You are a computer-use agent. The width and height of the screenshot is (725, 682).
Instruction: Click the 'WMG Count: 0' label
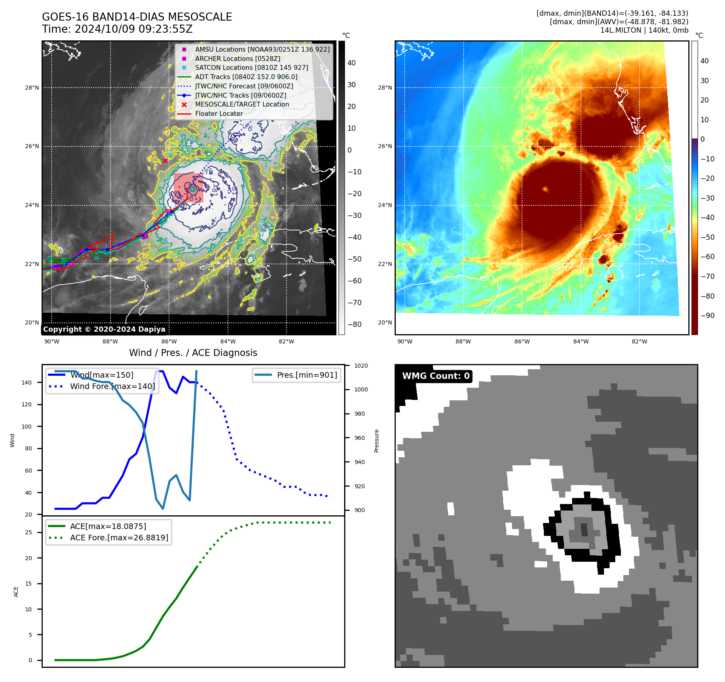click(x=436, y=376)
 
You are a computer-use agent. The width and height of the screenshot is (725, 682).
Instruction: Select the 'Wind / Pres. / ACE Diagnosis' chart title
click(x=193, y=353)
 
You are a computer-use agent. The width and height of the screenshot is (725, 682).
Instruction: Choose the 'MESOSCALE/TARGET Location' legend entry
click(x=242, y=105)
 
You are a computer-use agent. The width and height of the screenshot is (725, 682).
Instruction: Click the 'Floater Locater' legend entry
click(x=219, y=114)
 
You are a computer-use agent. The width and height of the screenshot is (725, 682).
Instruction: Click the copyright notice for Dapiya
click(x=104, y=329)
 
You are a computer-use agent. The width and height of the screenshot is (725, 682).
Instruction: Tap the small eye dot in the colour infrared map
click(x=545, y=189)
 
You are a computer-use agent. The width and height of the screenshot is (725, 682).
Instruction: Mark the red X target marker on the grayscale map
click(x=165, y=161)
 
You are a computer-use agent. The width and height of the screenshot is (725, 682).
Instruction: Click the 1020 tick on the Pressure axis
click(x=361, y=366)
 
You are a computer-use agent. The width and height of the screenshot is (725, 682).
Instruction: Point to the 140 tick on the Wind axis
click(x=27, y=383)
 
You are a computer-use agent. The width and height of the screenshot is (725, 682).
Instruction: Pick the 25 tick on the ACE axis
click(x=28, y=532)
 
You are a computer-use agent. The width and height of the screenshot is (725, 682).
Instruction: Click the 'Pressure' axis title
click(x=376, y=441)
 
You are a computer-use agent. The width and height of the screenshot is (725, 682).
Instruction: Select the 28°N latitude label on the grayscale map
click(x=32, y=88)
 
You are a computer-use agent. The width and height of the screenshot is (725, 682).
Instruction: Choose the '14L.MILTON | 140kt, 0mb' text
click(x=644, y=30)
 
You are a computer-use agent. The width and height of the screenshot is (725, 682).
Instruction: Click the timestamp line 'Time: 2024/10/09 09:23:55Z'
click(x=117, y=29)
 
